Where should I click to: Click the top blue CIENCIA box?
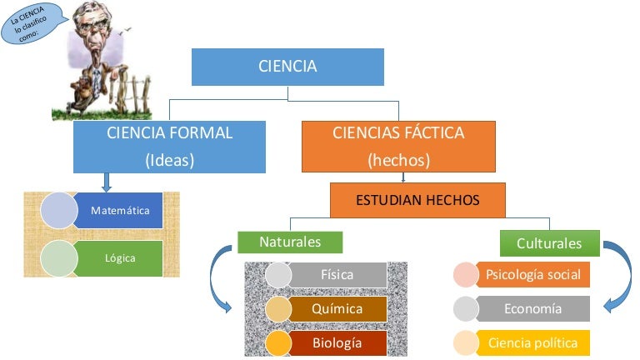pyautogui.click(x=287, y=67)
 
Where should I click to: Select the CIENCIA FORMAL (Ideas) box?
pyautogui.click(x=170, y=147)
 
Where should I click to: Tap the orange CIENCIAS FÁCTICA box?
pyautogui.click(x=398, y=147)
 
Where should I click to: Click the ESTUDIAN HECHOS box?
pyautogui.click(x=417, y=201)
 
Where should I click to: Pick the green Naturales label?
pyautogui.click(x=290, y=242)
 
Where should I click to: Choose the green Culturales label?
pyautogui.click(x=549, y=243)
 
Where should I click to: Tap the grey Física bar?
pyautogui.click(x=337, y=274)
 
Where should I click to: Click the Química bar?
pyautogui.click(x=337, y=308)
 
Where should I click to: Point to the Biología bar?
pyautogui.click(x=337, y=342)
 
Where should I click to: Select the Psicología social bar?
pyautogui.click(x=533, y=274)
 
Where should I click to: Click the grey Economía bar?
pyautogui.click(x=533, y=308)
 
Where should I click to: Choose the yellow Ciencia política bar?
pyautogui.click(x=533, y=342)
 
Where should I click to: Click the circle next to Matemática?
pyautogui.click(x=58, y=211)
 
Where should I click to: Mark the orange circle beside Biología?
pyautogui.click(x=277, y=342)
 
